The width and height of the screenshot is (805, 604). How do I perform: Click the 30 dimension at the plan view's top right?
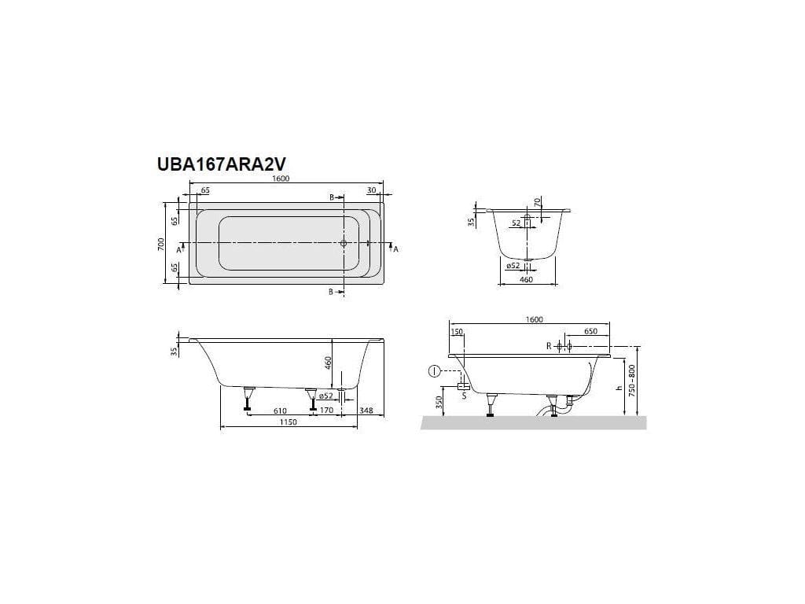pos(370,190)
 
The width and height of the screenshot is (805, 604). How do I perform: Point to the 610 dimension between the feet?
pos(279,411)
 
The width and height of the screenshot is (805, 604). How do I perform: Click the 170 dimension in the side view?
pos(327,411)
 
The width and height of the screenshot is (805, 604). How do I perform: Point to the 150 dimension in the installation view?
pos(457,331)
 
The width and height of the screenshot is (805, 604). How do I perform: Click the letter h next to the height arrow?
pos(620,387)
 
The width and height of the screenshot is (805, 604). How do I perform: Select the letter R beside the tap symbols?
pos(549,346)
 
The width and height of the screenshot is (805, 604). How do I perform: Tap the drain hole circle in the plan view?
pos(343,244)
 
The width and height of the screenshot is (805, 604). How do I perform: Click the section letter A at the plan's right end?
pos(395,249)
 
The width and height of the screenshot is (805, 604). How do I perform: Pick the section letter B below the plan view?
pos(332,292)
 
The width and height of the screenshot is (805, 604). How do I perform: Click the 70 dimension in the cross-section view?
pos(538,202)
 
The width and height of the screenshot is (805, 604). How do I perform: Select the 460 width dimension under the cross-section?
pos(527,279)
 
